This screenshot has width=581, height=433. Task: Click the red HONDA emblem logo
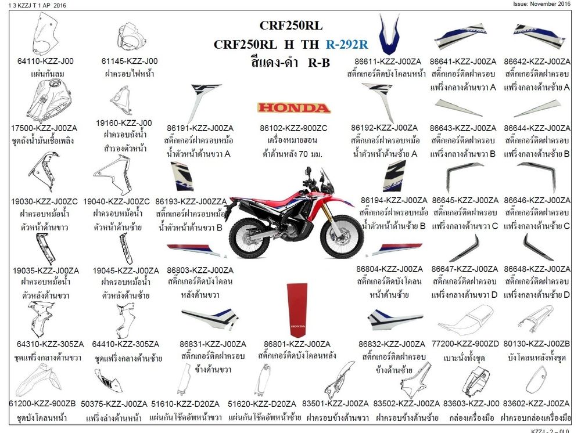(294, 108)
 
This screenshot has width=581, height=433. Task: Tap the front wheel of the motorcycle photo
(342, 238)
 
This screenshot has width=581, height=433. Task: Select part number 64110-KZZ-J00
(46, 61)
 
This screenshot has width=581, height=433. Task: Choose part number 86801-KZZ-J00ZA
(297, 344)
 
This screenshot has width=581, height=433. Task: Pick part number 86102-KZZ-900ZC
(295, 128)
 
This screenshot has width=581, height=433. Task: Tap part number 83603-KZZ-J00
(471, 403)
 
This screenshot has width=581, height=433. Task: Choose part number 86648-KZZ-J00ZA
(537, 269)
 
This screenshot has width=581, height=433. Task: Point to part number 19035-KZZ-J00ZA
(45, 270)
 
